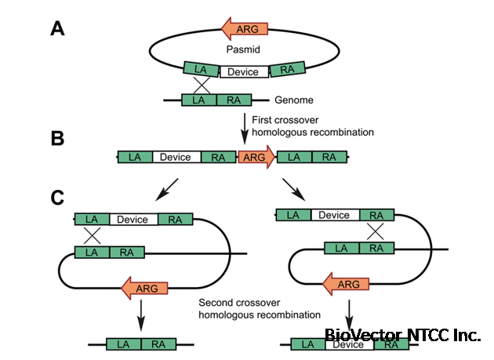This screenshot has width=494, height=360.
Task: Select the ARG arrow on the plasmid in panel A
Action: tap(245, 29)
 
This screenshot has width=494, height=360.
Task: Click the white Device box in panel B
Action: tap(175, 157)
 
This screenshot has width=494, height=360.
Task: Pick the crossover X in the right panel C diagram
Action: tap(376, 231)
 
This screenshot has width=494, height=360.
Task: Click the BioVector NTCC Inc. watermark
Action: tap(402, 335)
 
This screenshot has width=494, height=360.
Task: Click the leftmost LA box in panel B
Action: tap(135, 157)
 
